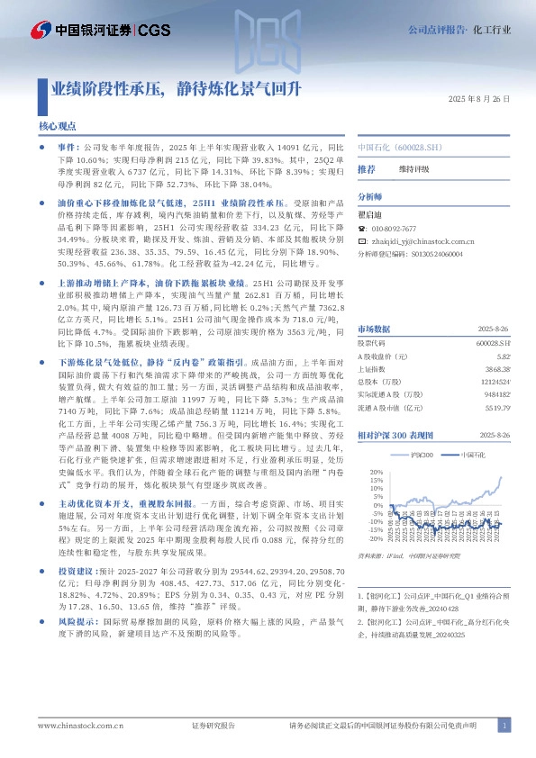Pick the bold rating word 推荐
click(366, 169)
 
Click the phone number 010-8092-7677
click(395, 230)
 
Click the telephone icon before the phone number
click(362, 230)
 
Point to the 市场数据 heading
click(374, 303)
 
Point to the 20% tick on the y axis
click(377, 471)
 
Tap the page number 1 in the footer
click(505, 725)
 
